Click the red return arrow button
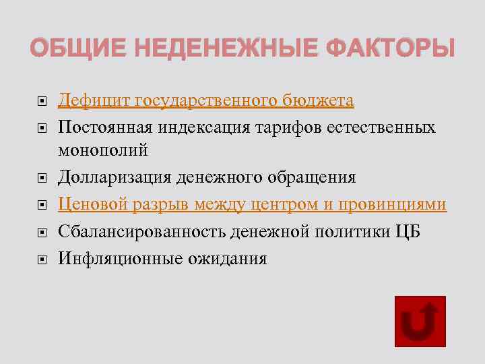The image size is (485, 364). click(x=419, y=322)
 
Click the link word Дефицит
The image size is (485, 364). click(x=94, y=101)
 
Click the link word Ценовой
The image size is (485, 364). click(x=93, y=204)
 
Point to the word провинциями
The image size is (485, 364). click(x=393, y=204)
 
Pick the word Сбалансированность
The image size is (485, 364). click(x=141, y=232)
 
